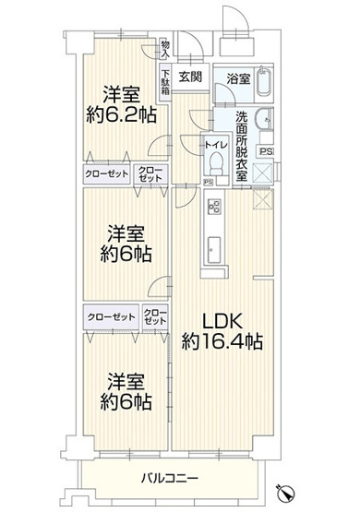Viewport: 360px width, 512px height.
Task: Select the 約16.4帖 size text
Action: click(x=222, y=341)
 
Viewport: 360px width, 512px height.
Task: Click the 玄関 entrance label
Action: click(x=192, y=77)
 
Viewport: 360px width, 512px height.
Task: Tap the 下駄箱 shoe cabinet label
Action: click(x=166, y=84)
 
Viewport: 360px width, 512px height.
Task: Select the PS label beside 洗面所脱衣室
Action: click(x=267, y=151)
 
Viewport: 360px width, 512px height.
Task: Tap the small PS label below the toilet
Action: click(x=209, y=181)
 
